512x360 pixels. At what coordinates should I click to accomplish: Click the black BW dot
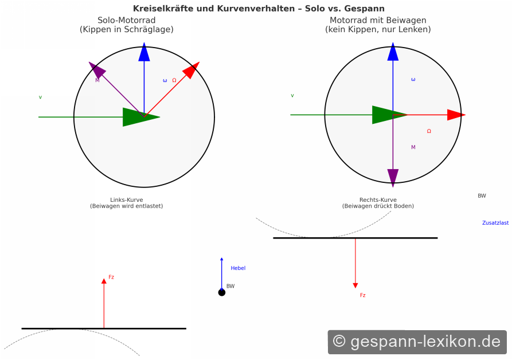[x=222, y=292]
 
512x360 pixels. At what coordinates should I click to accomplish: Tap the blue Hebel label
[x=238, y=268]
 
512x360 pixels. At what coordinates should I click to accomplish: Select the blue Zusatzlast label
[x=495, y=223]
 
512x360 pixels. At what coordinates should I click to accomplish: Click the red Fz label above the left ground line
[x=111, y=277]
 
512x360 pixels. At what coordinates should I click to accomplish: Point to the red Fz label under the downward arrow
[x=362, y=295]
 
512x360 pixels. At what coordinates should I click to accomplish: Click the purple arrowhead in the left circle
[x=97, y=69]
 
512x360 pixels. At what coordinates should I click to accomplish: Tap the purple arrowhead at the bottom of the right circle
[x=393, y=178]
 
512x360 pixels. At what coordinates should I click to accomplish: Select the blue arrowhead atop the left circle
[x=144, y=52]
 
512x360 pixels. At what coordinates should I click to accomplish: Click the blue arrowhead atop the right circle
[x=393, y=52]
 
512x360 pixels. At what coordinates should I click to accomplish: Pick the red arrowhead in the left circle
[x=191, y=70]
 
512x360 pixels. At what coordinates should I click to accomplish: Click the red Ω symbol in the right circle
[x=429, y=131]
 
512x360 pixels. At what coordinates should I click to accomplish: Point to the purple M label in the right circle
[x=413, y=147]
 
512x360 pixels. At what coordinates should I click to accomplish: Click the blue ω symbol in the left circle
[x=165, y=80]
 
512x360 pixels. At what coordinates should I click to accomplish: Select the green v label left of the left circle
[x=40, y=97]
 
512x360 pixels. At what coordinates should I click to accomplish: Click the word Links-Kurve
[x=126, y=199]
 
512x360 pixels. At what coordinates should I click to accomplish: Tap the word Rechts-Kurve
[x=378, y=199]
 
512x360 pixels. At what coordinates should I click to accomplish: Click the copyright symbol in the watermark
[x=339, y=342]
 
